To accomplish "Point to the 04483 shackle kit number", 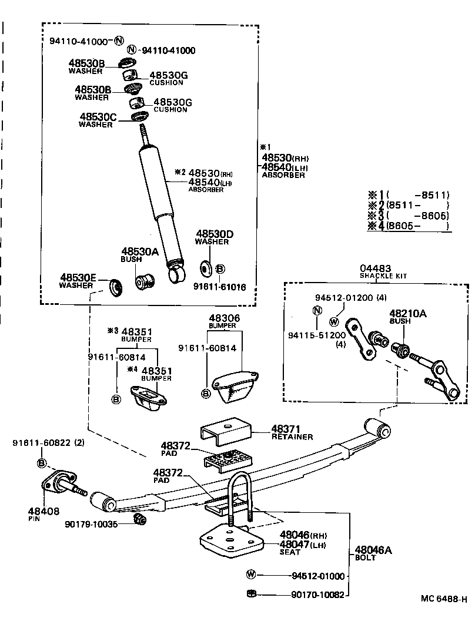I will coord(375,268).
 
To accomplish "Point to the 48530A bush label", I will coord(140,251).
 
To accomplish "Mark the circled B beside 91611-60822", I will coord(42,463).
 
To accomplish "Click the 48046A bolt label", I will coord(373,550).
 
